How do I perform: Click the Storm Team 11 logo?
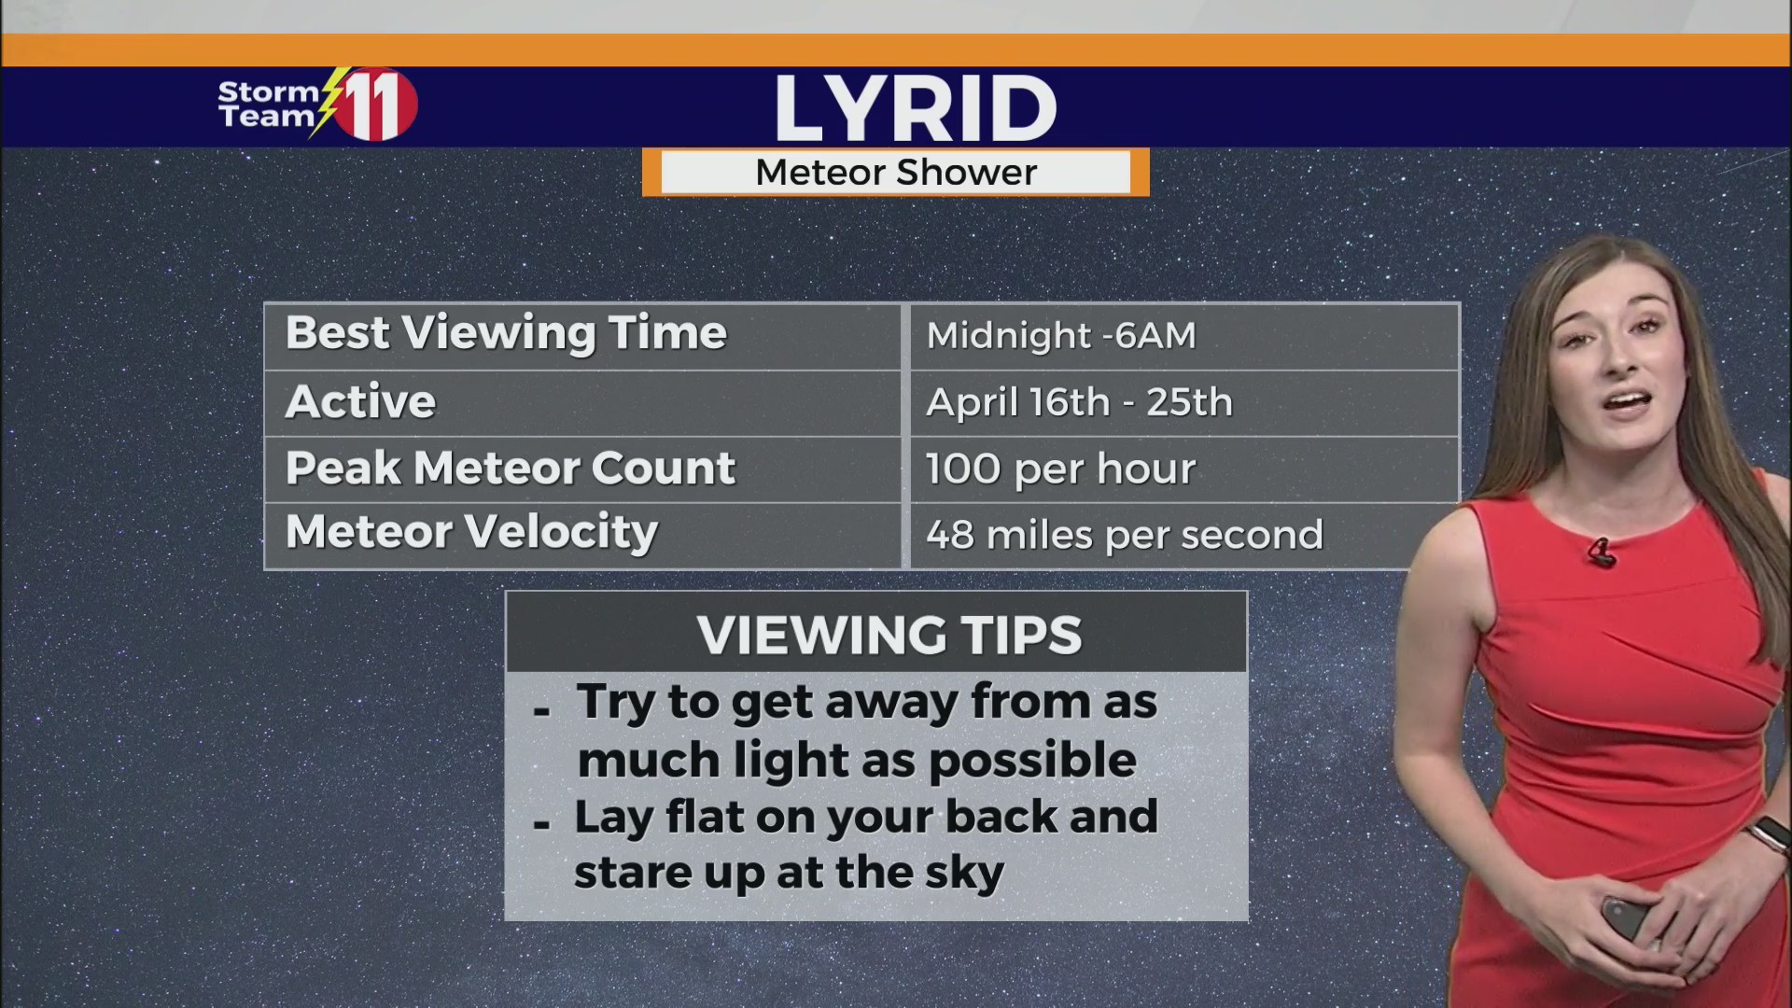(317, 105)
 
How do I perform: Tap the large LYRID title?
(915, 108)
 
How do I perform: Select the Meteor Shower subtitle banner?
(896, 173)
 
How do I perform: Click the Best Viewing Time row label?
(506, 334)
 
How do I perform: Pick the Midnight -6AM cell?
(1061, 336)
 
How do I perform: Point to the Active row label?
(360, 402)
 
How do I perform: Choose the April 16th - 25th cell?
(1079, 403)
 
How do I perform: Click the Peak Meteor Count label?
(511, 469)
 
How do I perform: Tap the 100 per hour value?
(1060, 469)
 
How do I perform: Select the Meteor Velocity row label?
(471, 533)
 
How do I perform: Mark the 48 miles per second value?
(1125, 536)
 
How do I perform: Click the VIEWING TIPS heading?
(889, 636)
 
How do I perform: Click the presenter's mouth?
(1629, 403)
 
